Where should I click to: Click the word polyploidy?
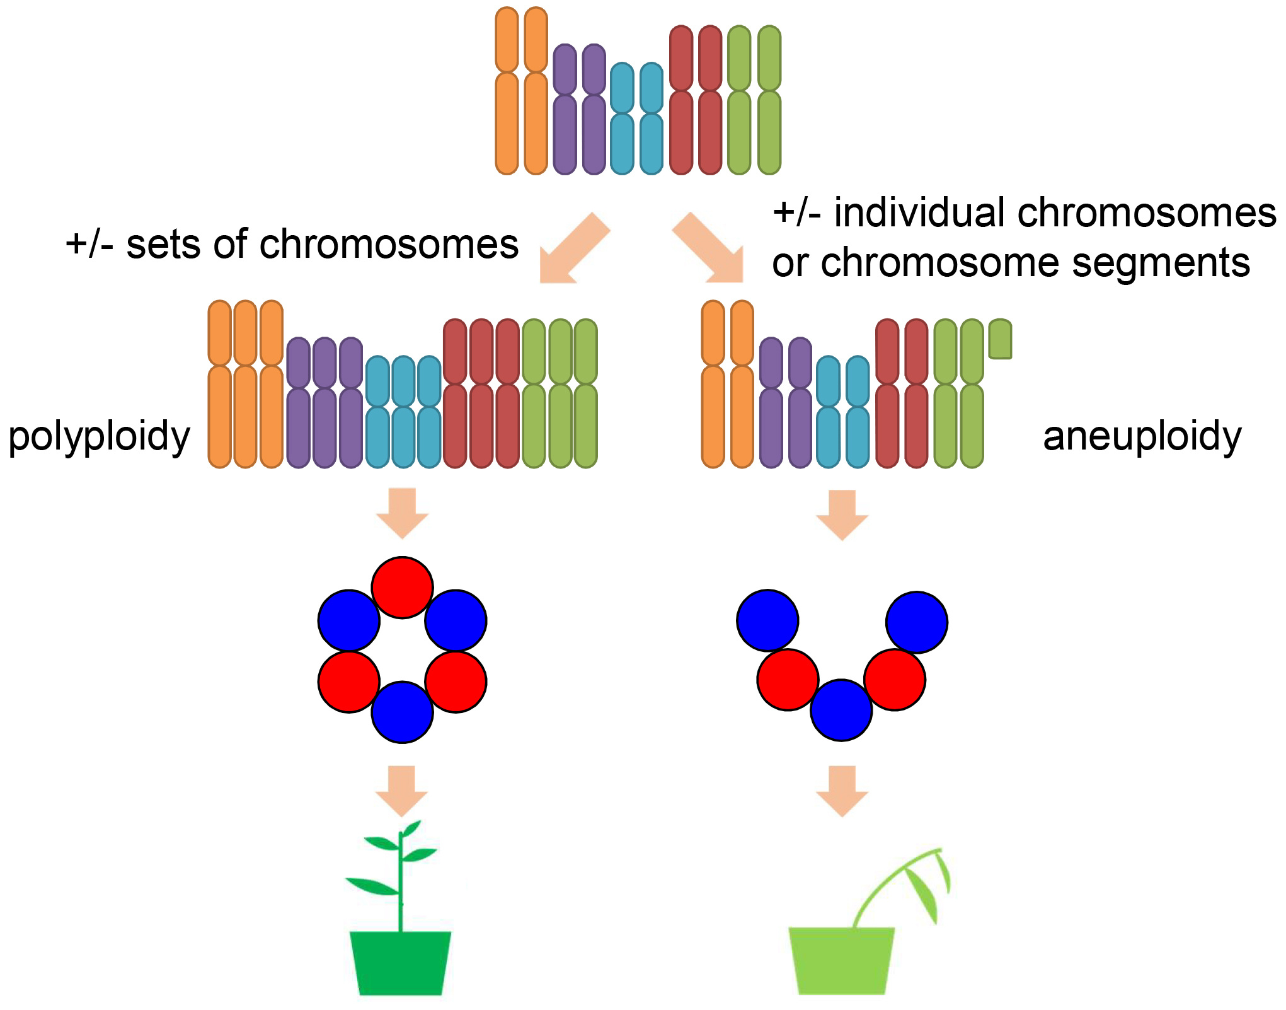point(99,437)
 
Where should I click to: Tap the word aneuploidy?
point(1142,437)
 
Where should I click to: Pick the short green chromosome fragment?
point(1000,339)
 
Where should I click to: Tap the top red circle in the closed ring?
point(402,587)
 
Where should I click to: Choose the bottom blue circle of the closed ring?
point(402,712)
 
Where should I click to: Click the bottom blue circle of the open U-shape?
point(841,710)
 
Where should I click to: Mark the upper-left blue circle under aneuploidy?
point(767,620)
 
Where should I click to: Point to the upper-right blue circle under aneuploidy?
point(917,622)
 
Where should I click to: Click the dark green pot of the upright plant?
point(401,963)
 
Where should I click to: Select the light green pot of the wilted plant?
point(842,960)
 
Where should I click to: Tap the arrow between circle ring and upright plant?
point(402,790)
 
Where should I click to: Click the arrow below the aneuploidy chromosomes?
point(842,514)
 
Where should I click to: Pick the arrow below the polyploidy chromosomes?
point(403,512)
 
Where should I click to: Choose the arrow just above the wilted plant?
point(842,790)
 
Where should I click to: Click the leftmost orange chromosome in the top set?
point(507,91)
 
